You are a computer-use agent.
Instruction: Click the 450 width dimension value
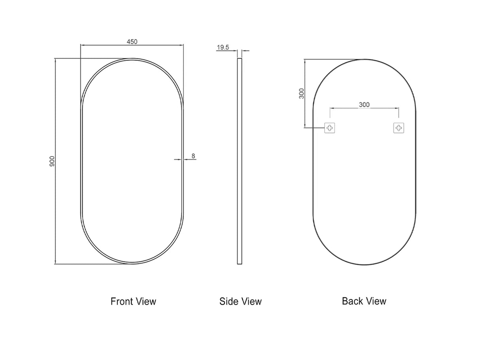(x=132, y=41)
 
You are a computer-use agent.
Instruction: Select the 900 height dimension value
(x=52, y=161)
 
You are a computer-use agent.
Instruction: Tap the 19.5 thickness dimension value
(x=223, y=47)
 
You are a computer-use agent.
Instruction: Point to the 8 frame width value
(x=193, y=156)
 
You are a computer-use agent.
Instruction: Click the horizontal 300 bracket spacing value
(x=364, y=104)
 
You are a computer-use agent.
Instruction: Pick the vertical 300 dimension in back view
(x=302, y=93)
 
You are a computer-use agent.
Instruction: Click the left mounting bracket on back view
(x=330, y=128)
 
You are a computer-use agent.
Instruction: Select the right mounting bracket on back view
(x=399, y=128)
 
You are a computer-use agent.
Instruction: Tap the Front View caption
(x=133, y=302)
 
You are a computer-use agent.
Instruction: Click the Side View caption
(x=240, y=302)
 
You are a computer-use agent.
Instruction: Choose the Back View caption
(x=364, y=301)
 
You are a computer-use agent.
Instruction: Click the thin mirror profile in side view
(x=239, y=161)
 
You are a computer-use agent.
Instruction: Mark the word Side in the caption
(x=228, y=302)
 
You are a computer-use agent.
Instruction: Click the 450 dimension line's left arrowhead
(x=82, y=45)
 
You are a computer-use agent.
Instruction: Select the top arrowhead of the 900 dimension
(x=55, y=60)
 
